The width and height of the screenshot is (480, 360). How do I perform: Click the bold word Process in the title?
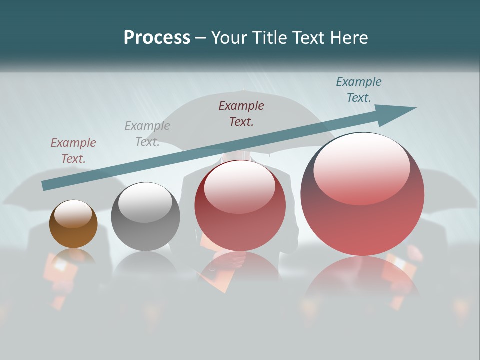(157, 38)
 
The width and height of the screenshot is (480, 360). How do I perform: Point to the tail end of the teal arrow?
(46, 185)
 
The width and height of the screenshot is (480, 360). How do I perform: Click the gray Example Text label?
(147, 134)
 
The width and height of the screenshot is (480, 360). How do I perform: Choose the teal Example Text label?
(359, 90)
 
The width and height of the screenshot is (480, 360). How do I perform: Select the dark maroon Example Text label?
(241, 113)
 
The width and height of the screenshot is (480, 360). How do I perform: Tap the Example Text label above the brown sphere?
(73, 151)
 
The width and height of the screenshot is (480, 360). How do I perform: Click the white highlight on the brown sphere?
(73, 214)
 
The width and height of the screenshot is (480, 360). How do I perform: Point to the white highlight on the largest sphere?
(361, 168)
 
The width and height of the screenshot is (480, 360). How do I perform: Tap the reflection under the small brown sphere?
(73, 257)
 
